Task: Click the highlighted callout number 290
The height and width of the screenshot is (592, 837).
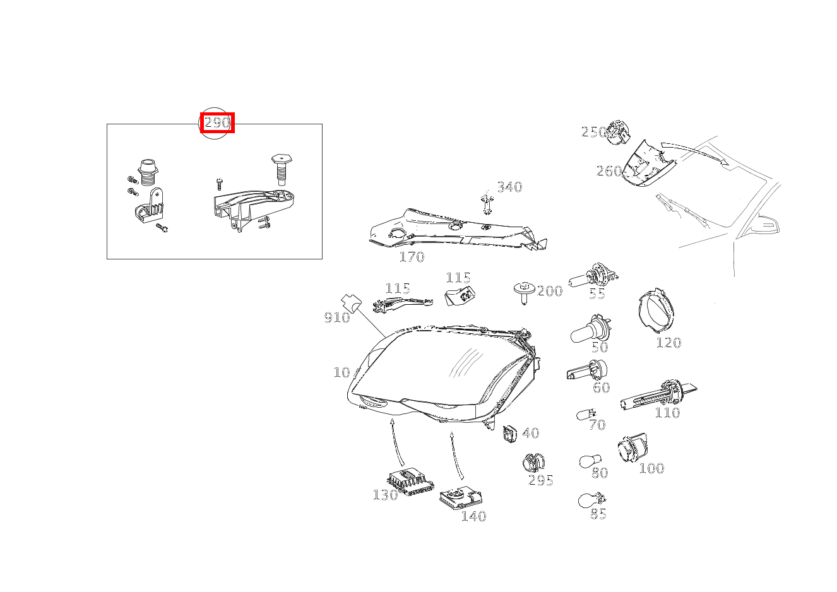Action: [x=217, y=123]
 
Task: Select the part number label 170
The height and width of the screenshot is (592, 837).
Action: [x=412, y=257]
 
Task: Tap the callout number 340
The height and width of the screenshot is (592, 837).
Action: [x=509, y=187]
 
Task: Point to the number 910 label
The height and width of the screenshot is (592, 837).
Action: [x=337, y=317]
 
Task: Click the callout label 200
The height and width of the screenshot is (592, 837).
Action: [x=549, y=291]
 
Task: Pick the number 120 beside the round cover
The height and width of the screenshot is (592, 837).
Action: [x=668, y=343]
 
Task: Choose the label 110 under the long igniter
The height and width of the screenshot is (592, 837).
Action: [x=667, y=413]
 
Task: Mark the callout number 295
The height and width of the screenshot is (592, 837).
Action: [x=541, y=481]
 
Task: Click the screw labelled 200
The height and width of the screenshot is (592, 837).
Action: [x=523, y=291]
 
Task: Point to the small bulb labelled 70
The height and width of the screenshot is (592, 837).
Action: [x=585, y=415]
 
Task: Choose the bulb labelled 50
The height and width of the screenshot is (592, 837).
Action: [x=587, y=331]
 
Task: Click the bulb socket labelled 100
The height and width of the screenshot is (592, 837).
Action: [x=631, y=449]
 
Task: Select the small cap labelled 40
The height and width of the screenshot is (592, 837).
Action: [x=509, y=434]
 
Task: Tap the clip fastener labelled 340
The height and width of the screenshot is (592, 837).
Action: [x=486, y=203]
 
